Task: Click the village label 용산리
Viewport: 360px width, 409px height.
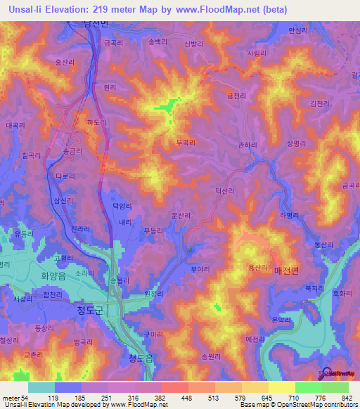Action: pyautogui.click(x=257, y=268)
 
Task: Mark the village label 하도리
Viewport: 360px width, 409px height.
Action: pyautogui.click(x=96, y=122)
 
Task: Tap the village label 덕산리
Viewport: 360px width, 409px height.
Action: pyautogui.click(x=224, y=190)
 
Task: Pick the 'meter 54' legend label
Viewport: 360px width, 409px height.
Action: pyautogui.click(x=15, y=397)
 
